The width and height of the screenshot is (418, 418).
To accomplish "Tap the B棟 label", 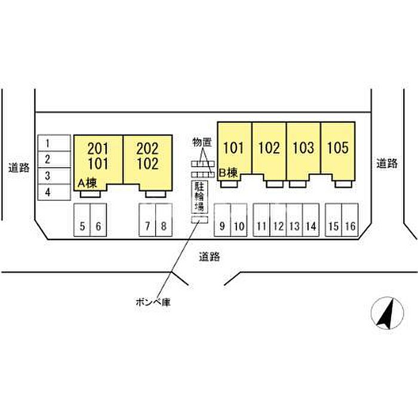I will [x=229, y=173].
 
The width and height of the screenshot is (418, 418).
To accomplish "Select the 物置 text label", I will [x=202, y=142].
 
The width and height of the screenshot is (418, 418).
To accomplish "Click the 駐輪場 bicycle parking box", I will [x=199, y=196].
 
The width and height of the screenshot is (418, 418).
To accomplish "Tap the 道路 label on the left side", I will [x=19, y=168].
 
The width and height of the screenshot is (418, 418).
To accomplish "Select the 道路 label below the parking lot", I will [x=210, y=257].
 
